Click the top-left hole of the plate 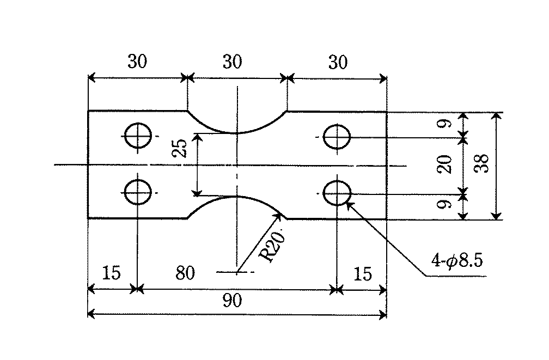(x=138, y=136)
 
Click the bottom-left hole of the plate (x=138, y=192)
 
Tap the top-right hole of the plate (x=337, y=137)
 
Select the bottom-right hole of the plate (x=337, y=193)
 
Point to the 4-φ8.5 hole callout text (x=457, y=260)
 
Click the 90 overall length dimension (x=232, y=301)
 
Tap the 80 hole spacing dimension (x=185, y=273)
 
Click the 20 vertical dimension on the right (x=444, y=164)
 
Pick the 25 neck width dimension (x=180, y=148)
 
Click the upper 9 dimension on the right (x=446, y=124)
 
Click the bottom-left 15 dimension (x=111, y=273)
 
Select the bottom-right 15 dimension (x=362, y=274)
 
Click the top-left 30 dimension (x=137, y=62)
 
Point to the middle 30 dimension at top (x=233, y=62)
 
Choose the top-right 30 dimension (x=338, y=62)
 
